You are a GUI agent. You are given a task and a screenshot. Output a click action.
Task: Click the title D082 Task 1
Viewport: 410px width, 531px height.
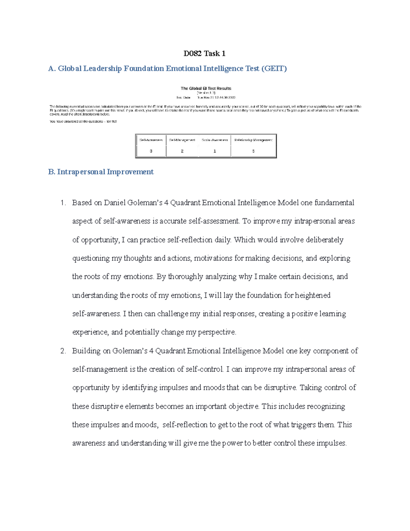204,53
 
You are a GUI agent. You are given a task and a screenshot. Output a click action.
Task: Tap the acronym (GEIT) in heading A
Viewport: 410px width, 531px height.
274,68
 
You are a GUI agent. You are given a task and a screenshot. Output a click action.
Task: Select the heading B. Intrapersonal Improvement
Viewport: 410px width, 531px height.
101,172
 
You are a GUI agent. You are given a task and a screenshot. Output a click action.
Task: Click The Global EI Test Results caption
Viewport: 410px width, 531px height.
206,88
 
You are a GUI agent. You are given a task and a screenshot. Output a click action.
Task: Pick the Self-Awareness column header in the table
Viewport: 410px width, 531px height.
151,140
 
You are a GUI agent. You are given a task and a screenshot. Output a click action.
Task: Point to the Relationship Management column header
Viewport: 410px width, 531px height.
254,140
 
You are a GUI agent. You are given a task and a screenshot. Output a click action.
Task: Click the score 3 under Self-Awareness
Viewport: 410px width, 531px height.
151,151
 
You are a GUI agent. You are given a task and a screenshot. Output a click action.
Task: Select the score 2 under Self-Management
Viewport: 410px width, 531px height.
182,151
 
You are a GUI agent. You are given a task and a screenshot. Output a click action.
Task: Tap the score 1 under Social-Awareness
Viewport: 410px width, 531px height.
215,151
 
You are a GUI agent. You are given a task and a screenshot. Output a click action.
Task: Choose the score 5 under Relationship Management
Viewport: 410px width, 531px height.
254,151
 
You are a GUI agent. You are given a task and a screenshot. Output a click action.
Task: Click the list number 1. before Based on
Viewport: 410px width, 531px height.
63,203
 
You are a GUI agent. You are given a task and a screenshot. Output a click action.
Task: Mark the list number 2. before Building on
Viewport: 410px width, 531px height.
63,351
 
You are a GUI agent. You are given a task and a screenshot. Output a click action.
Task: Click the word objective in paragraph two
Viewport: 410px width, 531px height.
244,406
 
